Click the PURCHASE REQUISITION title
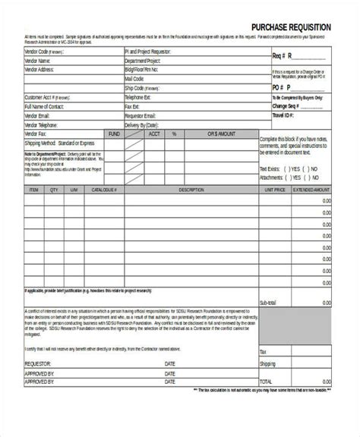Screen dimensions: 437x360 pyautogui.click(x=291, y=27)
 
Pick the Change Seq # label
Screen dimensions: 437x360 pyautogui.click(x=288, y=107)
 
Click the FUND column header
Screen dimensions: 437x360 pyautogui.click(x=114, y=134)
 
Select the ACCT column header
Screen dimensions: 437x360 pyautogui.click(x=154, y=134)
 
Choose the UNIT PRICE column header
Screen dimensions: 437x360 pyautogui.click(x=275, y=190)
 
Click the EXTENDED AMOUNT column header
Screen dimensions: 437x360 pyautogui.click(x=313, y=190)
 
